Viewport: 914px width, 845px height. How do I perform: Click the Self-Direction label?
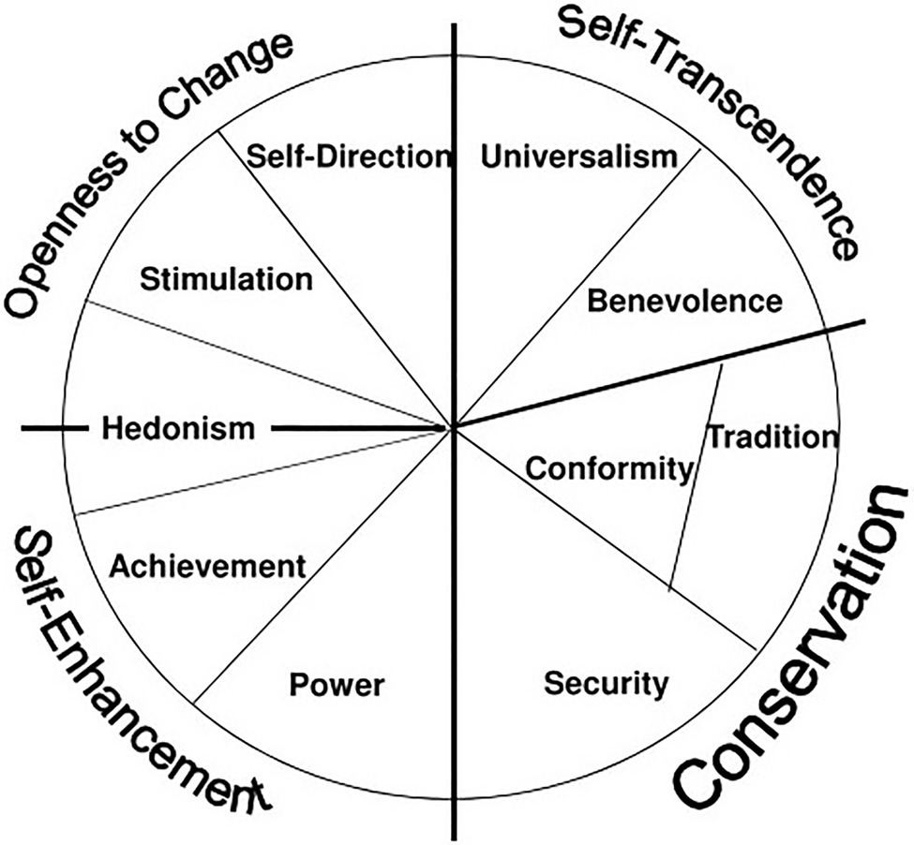coord(348,156)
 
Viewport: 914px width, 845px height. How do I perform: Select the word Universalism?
coord(577,156)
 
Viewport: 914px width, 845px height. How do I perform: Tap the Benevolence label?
coord(683,302)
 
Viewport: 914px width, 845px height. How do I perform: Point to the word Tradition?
coord(770,437)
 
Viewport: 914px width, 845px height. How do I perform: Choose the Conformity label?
coord(607,468)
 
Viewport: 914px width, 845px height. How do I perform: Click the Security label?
coord(607,683)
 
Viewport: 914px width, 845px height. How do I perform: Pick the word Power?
coord(337,685)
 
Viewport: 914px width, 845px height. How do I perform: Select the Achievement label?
coord(207,566)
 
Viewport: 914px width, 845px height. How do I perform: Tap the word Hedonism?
coord(178,429)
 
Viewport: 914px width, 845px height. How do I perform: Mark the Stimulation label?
coord(225,279)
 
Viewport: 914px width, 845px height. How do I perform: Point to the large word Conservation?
coord(792,656)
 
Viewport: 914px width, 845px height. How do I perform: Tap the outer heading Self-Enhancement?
coord(131,675)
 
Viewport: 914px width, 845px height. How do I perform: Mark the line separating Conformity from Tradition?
coord(695,478)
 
